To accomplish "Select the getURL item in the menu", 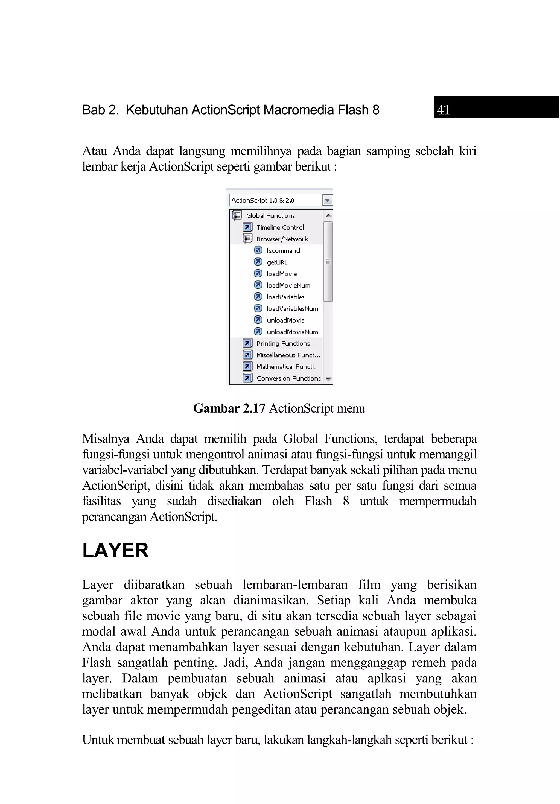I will click(x=277, y=262).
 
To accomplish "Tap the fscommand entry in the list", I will click(x=283, y=251).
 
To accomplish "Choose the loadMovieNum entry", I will click(x=288, y=285).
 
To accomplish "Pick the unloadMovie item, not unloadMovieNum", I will click(x=285, y=320).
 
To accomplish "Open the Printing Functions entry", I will click(x=283, y=344).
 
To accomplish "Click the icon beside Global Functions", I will click(x=237, y=216).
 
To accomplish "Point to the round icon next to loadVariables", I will click(x=258, y=297).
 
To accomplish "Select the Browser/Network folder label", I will click(x=282, y=239).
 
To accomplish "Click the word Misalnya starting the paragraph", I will click(x=106, y=439).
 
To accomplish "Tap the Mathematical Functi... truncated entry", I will click(x=288, y=367).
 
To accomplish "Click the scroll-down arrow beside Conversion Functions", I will click(x=328, y=379).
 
